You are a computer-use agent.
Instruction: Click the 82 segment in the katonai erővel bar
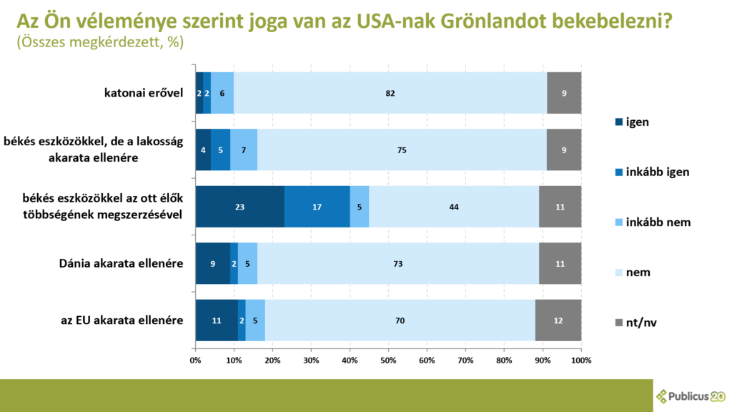[x=390, y=93]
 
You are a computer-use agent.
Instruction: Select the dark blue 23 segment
[x=239, y=207]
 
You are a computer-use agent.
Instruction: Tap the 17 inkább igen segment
[x=317, y=207]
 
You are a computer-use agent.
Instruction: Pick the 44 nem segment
[x=453, y=207]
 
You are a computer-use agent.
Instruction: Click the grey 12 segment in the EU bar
[x=558, y=320]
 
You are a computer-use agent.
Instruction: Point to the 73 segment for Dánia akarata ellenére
[x=397, y=263]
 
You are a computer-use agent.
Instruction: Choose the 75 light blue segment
[x=402, y=149]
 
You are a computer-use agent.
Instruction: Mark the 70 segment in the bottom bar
[x=399, y=320]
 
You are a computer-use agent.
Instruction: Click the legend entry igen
[x=636, y=122]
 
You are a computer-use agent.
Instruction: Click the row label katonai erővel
[x=142, y=93]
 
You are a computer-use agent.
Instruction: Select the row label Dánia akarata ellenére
[x=121, y=263]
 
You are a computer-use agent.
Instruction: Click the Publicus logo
[x=690, y=396]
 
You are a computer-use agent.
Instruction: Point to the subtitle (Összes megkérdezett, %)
[x=99, y=42]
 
